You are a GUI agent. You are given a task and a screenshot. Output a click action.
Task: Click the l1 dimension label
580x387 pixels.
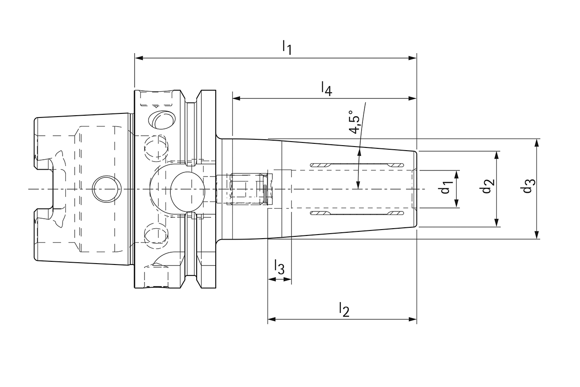tap(286, 47)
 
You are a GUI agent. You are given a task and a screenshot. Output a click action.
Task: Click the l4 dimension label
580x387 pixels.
tap(326, 88)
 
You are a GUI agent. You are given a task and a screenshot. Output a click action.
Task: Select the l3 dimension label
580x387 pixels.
tap(279, 267)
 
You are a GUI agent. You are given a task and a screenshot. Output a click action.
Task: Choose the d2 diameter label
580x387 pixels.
tap(487, 186)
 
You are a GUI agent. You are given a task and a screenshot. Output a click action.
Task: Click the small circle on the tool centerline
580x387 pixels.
tap(107, 189)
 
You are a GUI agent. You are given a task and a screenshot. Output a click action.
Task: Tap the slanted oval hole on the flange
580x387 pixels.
tap(162, 119)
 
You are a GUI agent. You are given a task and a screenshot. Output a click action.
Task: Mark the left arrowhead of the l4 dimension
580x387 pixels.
tap(236, 98)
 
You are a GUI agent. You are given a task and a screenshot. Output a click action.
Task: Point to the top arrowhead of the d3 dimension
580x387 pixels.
tap(537, 142)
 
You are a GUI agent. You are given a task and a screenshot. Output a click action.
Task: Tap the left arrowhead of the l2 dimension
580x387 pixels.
tap(272, 319)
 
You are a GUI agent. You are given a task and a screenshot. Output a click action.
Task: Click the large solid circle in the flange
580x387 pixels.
tap(187, 189)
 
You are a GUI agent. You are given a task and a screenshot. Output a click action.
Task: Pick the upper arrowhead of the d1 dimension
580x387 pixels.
tap(457, 174)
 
